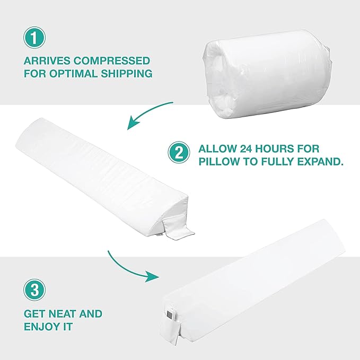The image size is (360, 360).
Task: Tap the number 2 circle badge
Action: [x=179, y=153]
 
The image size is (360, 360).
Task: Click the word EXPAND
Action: [x=320, y=161]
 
